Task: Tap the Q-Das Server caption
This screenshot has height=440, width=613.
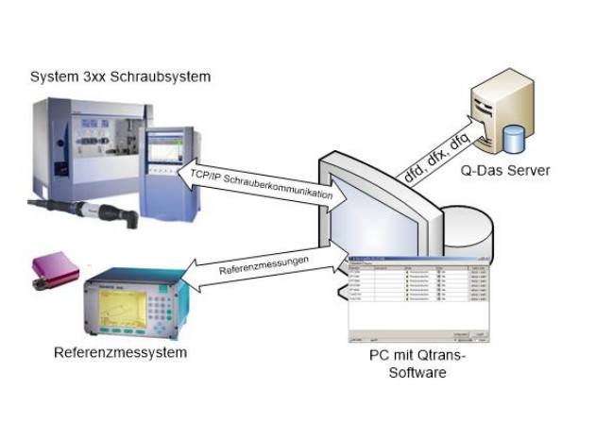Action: point(506,171)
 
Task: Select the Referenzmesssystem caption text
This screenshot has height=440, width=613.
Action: point(120,352)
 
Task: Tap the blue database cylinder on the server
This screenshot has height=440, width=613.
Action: point(515,139)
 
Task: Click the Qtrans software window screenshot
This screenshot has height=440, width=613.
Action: point(420,296)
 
